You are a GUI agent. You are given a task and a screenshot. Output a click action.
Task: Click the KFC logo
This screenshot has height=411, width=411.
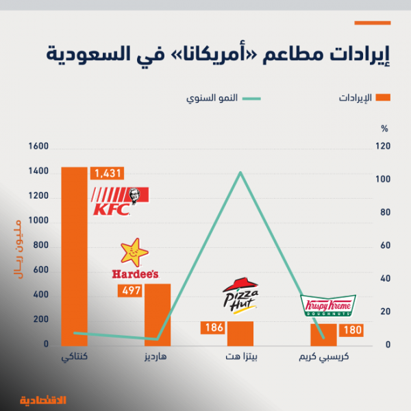(119, 200)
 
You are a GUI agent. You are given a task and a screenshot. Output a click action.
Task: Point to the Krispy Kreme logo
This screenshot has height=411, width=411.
(328, 306)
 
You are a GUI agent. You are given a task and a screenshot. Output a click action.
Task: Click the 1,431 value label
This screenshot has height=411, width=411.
(108, 173)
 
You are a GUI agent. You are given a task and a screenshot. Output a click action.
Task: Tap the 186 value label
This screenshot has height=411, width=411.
(214, 328)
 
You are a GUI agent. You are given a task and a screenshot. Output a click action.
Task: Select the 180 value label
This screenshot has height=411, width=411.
(352, 331)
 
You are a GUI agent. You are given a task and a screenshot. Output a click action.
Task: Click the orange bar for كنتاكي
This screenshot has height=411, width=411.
(74, 256)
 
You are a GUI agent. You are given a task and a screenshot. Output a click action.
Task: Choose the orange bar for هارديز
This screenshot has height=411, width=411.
(157, 314)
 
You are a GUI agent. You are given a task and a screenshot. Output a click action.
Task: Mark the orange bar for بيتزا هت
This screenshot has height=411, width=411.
(240, 334)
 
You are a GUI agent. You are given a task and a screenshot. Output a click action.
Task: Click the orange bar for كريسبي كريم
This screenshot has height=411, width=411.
(323, 334)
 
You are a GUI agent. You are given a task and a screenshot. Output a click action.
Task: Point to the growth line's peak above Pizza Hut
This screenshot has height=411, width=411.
(240, 173)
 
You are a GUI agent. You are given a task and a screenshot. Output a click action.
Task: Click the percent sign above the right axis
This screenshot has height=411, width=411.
(384, 128)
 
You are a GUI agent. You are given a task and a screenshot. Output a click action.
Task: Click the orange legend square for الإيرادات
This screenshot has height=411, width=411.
(384, 98)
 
